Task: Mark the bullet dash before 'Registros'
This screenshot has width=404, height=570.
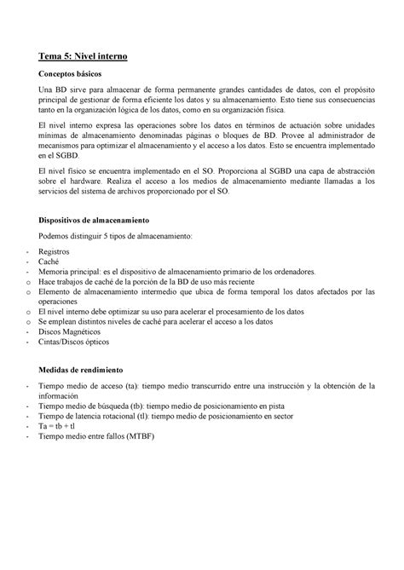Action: point(30,253)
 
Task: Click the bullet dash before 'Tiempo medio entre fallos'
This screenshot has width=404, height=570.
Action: point(30,437)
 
